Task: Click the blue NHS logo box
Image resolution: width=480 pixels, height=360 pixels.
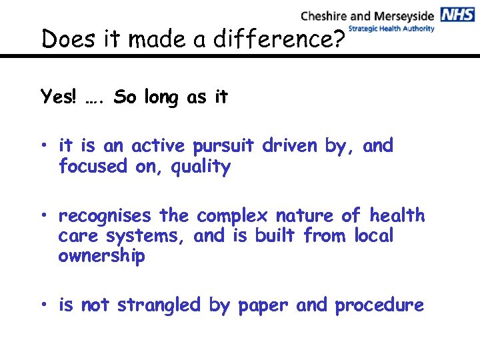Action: pyautogui.click(x=457, y=15)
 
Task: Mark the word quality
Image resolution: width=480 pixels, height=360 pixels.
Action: pyautogui.click(x=201, y=167)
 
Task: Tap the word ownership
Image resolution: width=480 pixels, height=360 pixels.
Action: pyautogui.click(x=101, y=257)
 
